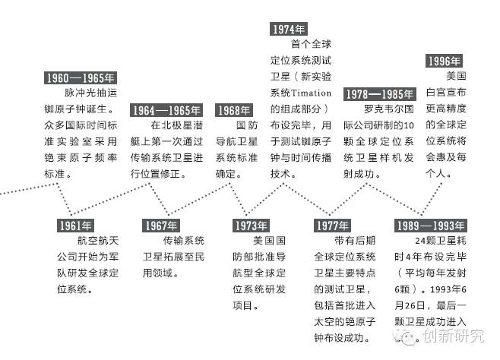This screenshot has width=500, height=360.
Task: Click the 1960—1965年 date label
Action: pyautogui.click(x=80, y=77)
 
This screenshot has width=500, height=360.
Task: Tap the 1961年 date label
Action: pyautogui.click(x=76, y=225)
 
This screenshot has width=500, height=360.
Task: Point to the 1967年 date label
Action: pyautogui.click(x=161, y=225)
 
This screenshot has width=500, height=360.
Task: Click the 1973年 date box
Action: pyautogui.click(x=250, y=225)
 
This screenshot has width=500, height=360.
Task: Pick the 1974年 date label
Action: pyautogui.click(x=289, y=29)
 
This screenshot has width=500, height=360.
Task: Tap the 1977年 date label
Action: pyautogui.click(x=331, y=225)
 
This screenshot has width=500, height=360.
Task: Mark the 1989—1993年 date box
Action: pyautogui.click(x=430, y=225)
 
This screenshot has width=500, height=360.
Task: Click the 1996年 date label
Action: pyautogui.click(x=445, y=62)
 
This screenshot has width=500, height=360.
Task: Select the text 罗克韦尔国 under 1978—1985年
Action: pyautogui.click(x=388, y=109)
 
